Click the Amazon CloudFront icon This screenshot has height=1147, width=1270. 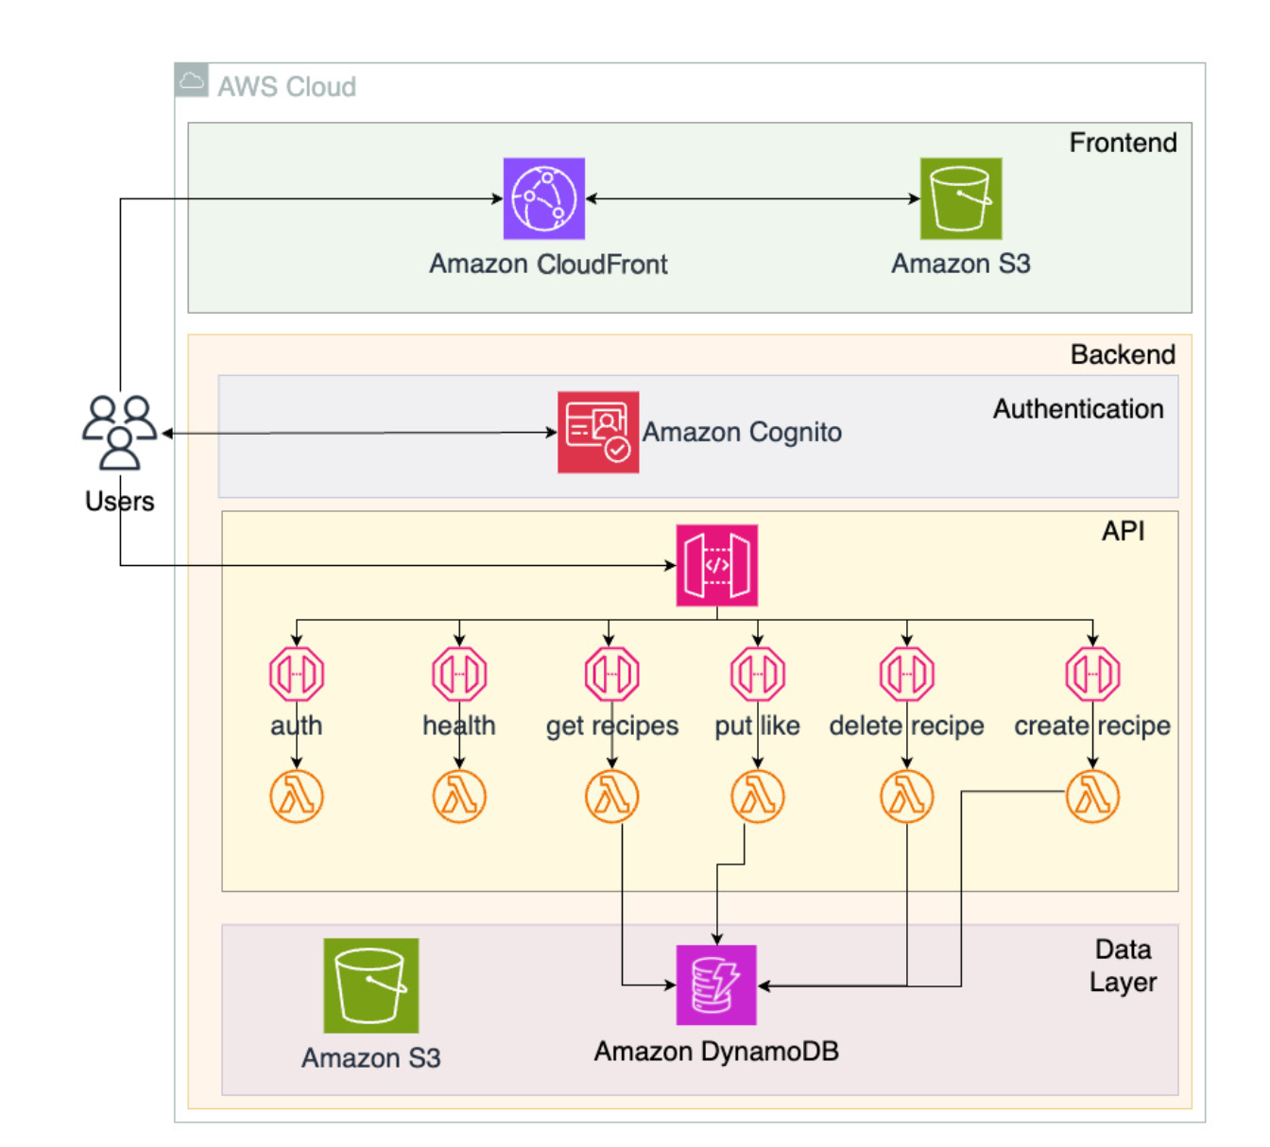pyautogui.click(x=543, y=198)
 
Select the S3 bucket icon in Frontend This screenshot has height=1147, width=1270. pyautogui.click(x=960, y=198)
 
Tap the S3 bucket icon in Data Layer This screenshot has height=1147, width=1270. pyautogui.click(x=370, y=985)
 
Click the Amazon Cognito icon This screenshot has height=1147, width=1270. pyautogui.click(x=597, y=432)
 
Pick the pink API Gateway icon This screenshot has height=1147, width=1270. pyautogui.click(x=716, y=565)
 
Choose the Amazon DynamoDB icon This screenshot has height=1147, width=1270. pyautogui.click(x=716, y=984)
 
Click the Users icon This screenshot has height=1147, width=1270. pyautogui.click(x=119, y=432)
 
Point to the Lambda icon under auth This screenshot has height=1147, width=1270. pyautogui.click(x=297, y=796)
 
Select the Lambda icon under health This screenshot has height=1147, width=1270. pyautogui.click(x=459, y=796)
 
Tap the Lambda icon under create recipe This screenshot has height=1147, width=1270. pyautogui.click(x=1092, y=796)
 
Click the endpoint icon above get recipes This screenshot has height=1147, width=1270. pyautogui.click(x=611, y=674)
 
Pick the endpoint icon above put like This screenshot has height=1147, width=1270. pyautogui.click(x=757, y=674)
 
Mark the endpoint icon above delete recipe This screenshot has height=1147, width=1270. pyautogui.click(x=906, y=674)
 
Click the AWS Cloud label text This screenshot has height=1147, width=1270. pyautogui.click(x=286, y=87)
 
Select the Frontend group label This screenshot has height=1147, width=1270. pyautogui.click(x=1123, y=143)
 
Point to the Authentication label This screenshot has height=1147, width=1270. pyautogui.click(x=1077, y=409)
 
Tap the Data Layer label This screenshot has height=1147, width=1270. pyautogui.click(x=1123, y=966)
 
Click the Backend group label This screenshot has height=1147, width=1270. pyautogui.click(x=1123, y=354)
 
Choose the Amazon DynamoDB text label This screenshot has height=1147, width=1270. pyautogui.click(x=716, y=1052)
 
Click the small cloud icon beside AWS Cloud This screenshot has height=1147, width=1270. pyautogui.click(x=192, y=81)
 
